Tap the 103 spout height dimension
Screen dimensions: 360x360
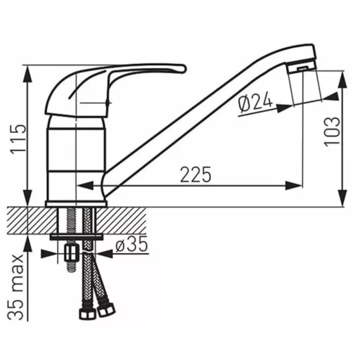pos(332,131)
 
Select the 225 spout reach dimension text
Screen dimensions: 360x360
pos(195,174)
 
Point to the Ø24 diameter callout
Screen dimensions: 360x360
pos(255,103)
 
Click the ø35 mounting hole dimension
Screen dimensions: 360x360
pos(131,244)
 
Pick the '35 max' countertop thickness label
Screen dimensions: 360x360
pos(15,287)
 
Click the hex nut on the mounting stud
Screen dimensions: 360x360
pos(71,253)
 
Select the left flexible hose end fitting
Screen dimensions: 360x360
pos(87,311)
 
